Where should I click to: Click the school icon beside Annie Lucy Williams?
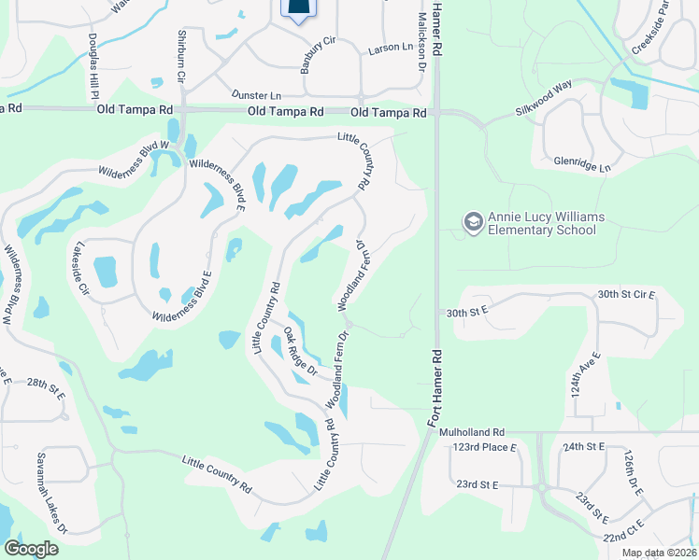click(473, 222)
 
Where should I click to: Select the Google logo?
click(32, 549)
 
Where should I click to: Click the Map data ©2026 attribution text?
click(659, 553)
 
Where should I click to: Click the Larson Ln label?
click(391, 47)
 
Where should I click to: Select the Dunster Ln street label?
click(256, 95)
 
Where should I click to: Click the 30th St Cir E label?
click(627, 294)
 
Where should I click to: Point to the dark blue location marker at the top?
click(297, 8)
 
